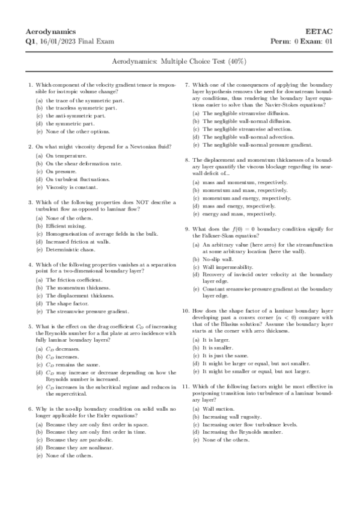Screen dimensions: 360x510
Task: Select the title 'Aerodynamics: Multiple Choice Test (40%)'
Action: point(180,62)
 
